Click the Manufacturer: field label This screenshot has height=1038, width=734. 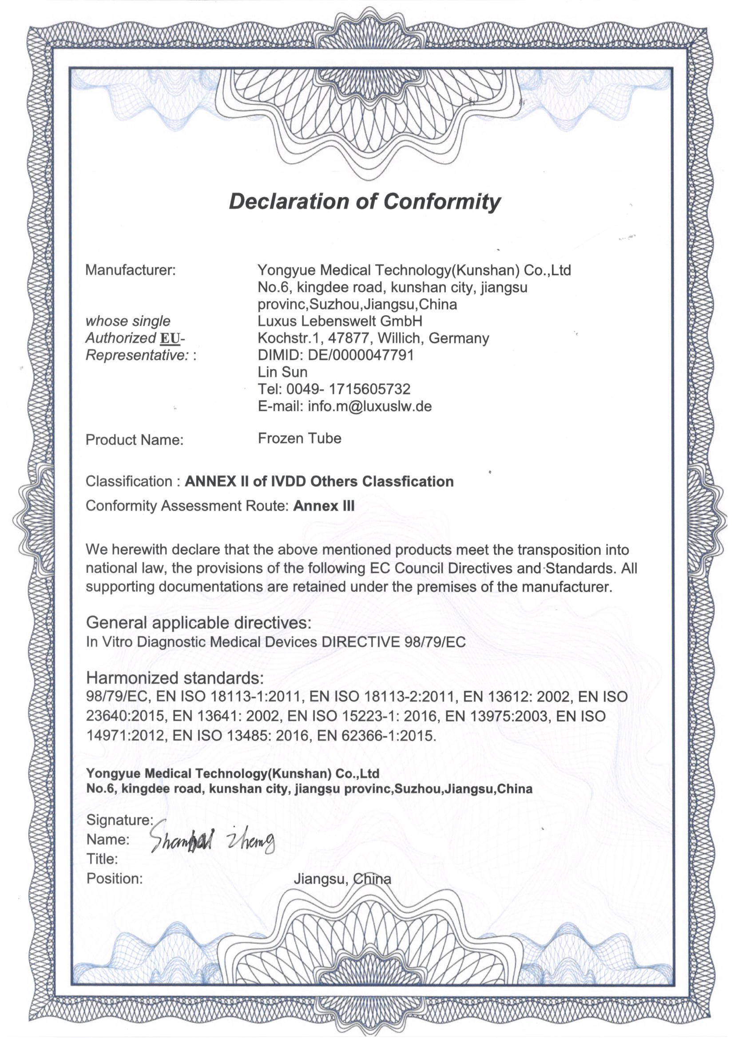tap(130, 270)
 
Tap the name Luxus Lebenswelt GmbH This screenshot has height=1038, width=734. tap(340, 321)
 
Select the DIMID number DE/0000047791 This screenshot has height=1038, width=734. tap(361, 355)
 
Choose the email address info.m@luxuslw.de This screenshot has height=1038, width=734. tap(369, 406)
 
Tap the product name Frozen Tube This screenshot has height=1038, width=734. tap(299, 438)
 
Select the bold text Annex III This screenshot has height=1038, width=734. tap(324, 506)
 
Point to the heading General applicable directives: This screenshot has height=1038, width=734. tap(198, 623)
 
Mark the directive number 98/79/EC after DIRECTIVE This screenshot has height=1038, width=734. tap(433, 642)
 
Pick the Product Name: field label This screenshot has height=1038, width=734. tap(134, 440)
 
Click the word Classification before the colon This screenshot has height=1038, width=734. tap(128, 481)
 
